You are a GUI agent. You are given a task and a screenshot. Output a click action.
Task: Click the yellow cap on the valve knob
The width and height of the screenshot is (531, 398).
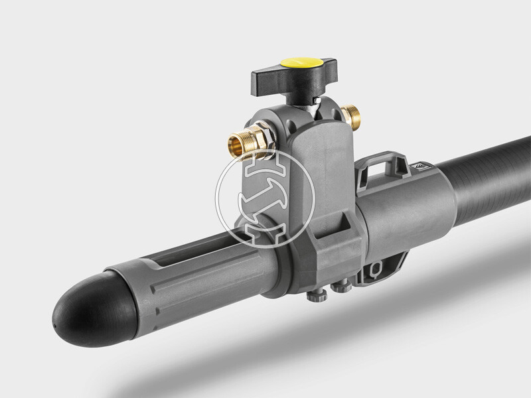[x=297, y=62]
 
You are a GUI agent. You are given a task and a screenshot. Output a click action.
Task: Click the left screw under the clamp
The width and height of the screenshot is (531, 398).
[x=315, y=294]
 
